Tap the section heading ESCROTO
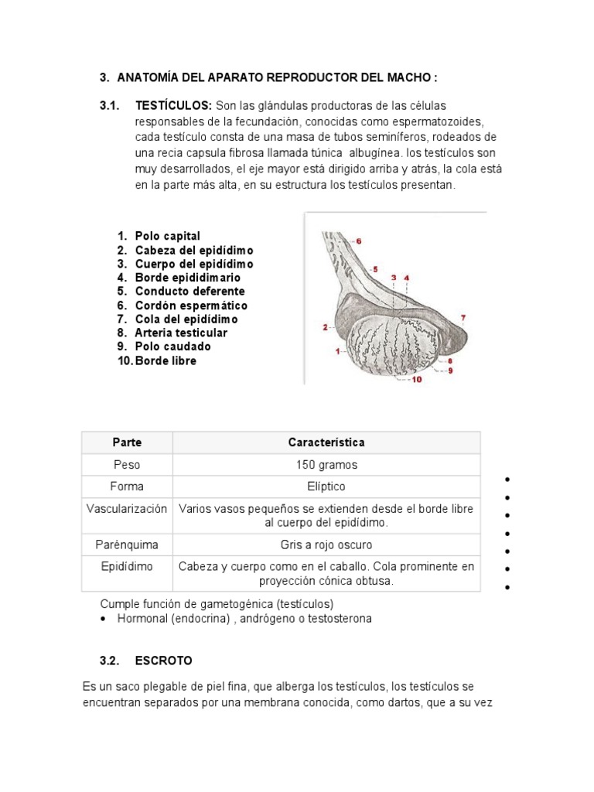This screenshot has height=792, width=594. (163, 661)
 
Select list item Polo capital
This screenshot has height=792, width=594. (167, 236)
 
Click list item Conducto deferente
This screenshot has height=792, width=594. (189, 292)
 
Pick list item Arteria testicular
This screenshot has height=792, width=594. (181, 333)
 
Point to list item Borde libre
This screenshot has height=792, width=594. (166, 361)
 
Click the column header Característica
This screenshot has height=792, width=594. (326, 443)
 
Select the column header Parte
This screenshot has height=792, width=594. (128, 443)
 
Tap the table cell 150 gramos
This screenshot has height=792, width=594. (326, 465)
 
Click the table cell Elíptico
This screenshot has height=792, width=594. (326, 486)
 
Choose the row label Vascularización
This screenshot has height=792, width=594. (128, 509)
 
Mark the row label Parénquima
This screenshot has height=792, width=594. (128, 544)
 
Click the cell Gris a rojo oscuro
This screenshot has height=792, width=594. (326, 544)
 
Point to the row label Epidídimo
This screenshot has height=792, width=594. (128, 567)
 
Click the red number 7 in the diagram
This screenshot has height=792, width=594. (463, 318)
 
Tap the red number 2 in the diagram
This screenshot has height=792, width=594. (325, 327)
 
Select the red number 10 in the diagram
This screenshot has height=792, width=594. (417, 379)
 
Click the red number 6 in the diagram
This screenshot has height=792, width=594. (358, 241)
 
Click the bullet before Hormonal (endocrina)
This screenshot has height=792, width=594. (104, 620)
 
